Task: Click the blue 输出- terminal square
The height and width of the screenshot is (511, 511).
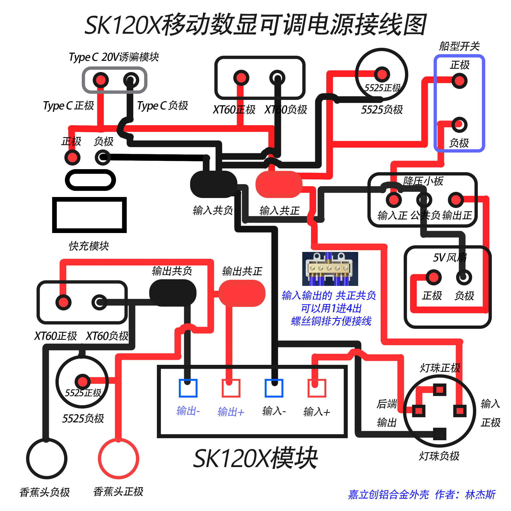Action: [188, 388]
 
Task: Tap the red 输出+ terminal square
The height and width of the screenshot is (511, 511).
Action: [231, 388]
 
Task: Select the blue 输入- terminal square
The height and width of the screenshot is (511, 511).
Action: [274, 388]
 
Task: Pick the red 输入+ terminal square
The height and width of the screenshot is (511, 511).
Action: [317, 388]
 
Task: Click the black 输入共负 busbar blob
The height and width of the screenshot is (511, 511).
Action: [213, 184]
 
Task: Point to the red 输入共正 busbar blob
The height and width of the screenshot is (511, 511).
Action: [279, 184]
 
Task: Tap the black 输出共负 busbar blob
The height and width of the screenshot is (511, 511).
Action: [173, 293]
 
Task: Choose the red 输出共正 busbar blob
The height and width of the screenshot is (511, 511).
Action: [242, 293]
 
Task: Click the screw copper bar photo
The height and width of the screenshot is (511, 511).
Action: [330, 269]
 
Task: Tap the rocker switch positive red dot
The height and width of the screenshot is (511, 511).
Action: [459, 81]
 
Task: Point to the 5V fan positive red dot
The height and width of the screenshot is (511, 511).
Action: [434, 277]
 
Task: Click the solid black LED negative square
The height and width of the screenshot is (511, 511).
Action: [439, 434]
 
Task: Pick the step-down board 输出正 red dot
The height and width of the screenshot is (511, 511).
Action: [456, 200]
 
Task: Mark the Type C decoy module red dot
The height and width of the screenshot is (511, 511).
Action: [101, 80]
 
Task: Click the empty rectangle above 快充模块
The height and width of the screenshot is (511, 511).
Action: [89, 215]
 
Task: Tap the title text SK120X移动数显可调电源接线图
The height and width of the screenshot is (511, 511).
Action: [255, 25]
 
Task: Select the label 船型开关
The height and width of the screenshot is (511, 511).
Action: [459, 46]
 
